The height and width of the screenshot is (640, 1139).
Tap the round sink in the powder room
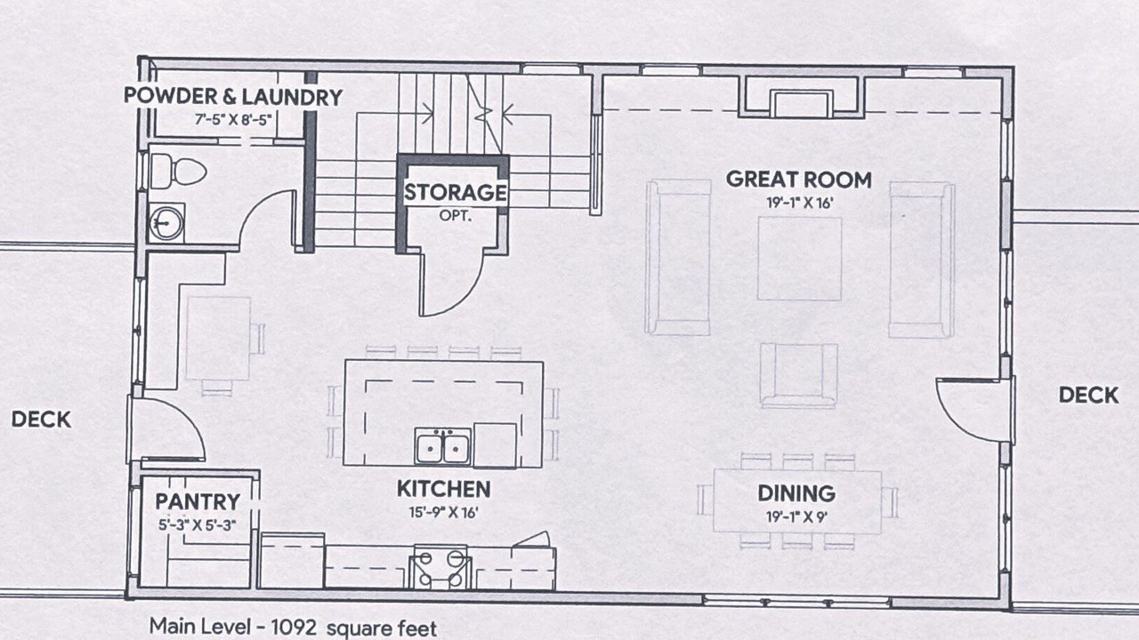[166, 222]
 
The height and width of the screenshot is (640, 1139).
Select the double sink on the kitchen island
[442, 446]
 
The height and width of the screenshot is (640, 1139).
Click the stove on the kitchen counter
[440, 567]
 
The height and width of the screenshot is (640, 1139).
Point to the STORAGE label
[455, 192]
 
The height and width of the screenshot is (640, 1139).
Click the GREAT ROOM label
[798, 180]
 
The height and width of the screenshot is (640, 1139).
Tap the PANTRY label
[198, 501]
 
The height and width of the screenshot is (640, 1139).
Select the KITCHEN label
[443, 489]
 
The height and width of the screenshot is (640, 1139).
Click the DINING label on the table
[796, 493]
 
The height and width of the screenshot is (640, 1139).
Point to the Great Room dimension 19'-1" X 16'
[799, 204]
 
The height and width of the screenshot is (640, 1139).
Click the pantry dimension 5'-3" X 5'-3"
[198, 525]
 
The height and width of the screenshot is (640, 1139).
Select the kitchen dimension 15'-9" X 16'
[443, 513]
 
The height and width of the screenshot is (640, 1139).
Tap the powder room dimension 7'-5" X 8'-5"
[233, 120]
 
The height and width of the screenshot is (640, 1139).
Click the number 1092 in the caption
[294, 628]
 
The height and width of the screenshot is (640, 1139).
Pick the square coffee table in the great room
[799, 259]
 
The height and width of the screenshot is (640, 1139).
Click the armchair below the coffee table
[798, 375]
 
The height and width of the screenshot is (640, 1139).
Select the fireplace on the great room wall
[802, 97]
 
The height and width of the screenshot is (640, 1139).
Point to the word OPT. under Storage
[456, 215]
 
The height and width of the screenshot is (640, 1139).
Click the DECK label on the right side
[1088, 396]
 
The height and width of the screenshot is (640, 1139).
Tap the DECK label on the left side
[41, 419]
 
